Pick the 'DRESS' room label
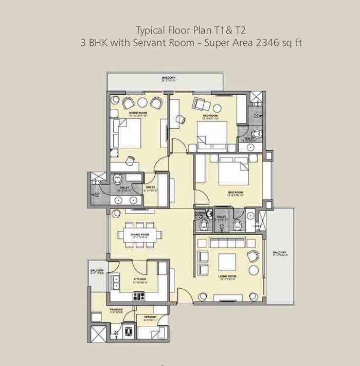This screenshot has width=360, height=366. [x=150, y=187]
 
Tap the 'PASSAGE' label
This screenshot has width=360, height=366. [x=116, y=310]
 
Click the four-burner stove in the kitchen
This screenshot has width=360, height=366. [x=139, y=296]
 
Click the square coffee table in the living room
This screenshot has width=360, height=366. [x=227, y=263]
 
